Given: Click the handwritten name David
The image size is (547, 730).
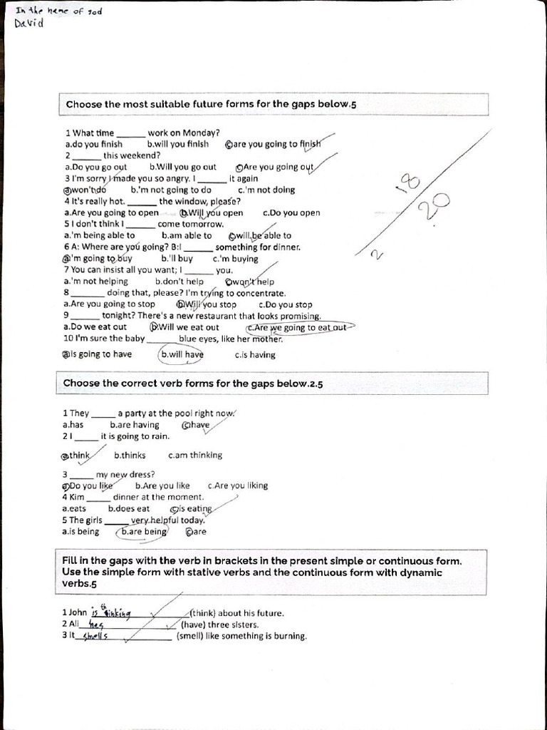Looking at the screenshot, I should pyautogui.click(x=29, y=24).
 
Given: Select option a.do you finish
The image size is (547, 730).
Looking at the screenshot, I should pyautogui.click(x=93, y=144).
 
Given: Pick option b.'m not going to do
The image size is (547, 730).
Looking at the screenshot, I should pyautogui.click(x=171, y=190).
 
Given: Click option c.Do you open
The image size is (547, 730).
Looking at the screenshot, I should pyautogui.click(x=291, y=213).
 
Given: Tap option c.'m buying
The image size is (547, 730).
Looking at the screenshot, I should pyautogui.click(x=235, y=259).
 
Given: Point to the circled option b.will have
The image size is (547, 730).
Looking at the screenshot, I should pyautogui.click(x=182, y=354).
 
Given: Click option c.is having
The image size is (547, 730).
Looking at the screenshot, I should pyautogui.click(x=254, y=355).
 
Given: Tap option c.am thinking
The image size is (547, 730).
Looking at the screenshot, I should pyautogui.click(x=194, y=456).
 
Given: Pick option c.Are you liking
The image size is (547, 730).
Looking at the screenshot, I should pyautogui.click(x=237, y=486).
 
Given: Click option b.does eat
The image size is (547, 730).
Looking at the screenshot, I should pyautogui.click(x=129, y=509).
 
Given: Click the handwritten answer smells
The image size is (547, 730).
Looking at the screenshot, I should pyautogui.click(x=95, y=637).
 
